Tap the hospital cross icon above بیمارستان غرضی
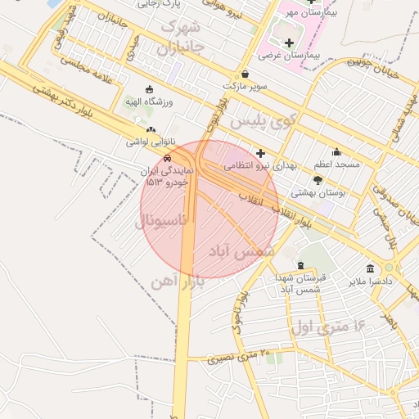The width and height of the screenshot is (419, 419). pyautogui.click(x=288, y=43)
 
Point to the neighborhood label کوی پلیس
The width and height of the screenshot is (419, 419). pyautogui.click(x=260, y=120)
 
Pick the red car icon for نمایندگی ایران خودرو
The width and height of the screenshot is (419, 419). pyautogui.click(x=166, y=158)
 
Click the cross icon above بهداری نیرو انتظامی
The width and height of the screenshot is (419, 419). pyautogui.click(x=260, y=153)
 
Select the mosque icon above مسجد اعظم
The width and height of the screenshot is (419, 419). pyautogui.click(x=336, y=151)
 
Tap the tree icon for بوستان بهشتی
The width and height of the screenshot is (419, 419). pyautogui.click(x=318, y=179)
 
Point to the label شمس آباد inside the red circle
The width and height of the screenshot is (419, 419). pyautogui.click(x=240, y=250)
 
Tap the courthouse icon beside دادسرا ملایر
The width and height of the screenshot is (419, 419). pyautogui.click(x=370, y=268)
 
